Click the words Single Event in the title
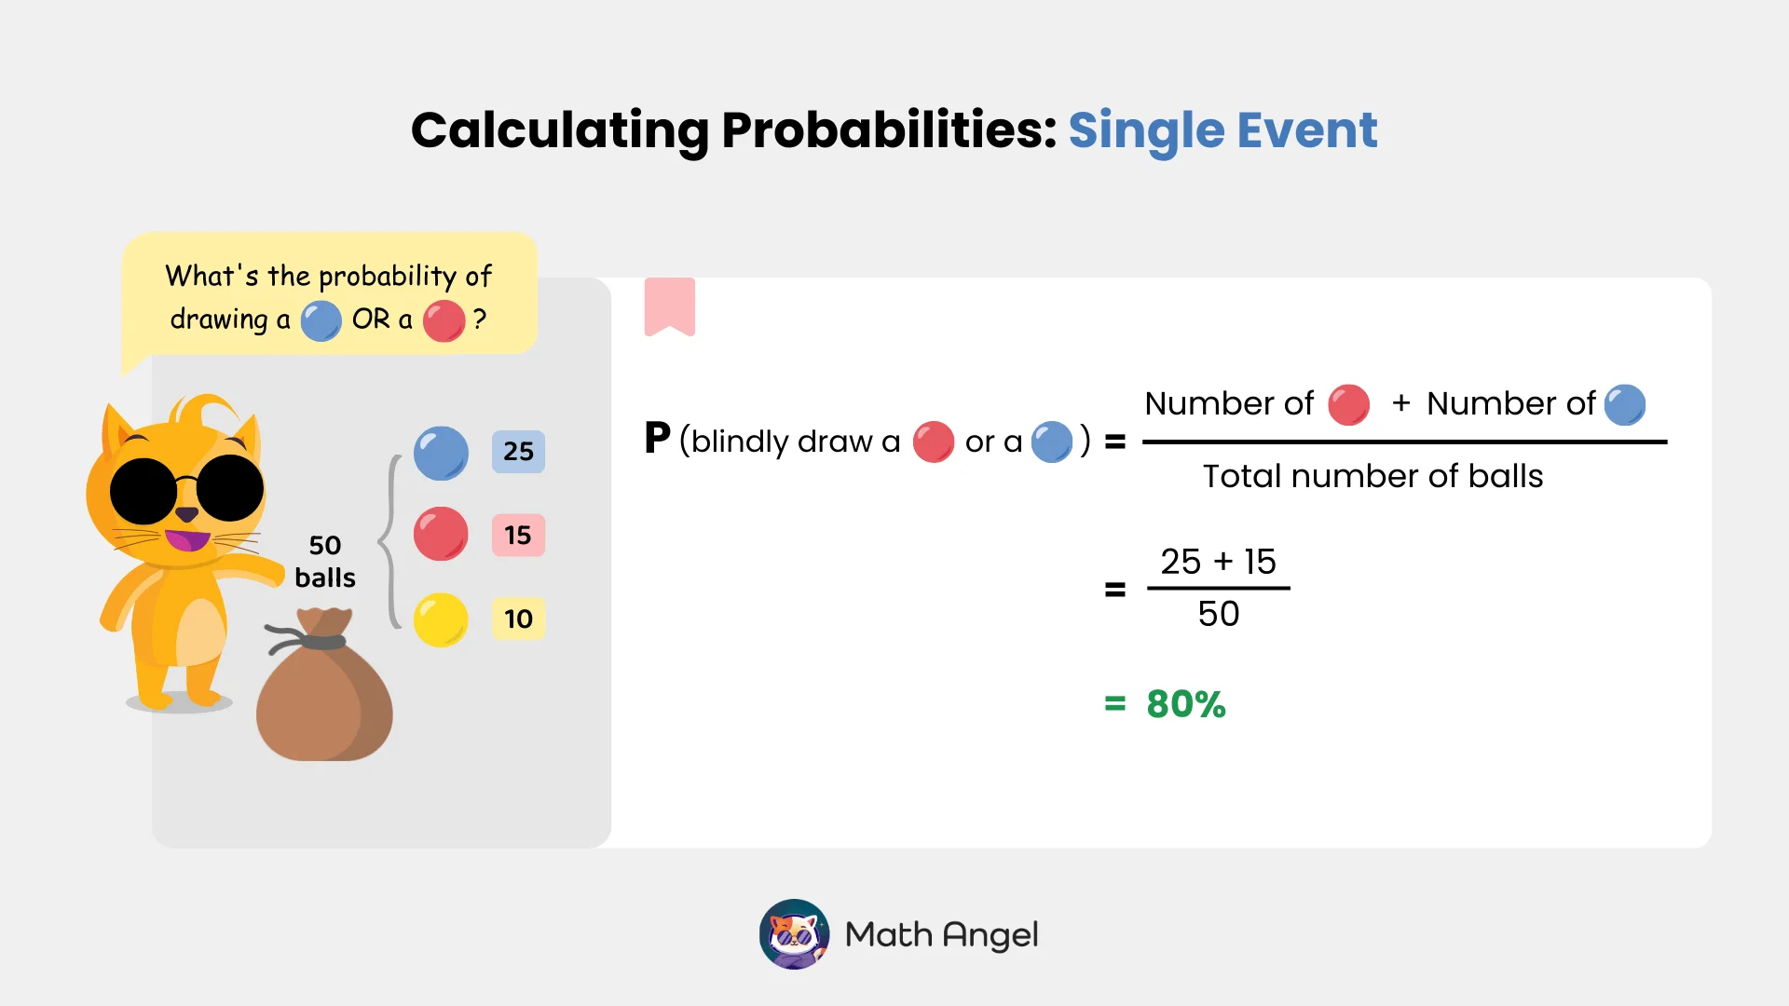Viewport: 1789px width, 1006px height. coord(1222,129)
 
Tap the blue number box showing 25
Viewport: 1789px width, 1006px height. coord(518,452)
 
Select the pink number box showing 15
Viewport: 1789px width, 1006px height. coord(518,536)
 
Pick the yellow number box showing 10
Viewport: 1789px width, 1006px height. coord(518,619)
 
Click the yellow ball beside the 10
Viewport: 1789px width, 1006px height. coord(441,620)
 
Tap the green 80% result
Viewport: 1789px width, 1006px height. coord(1185,704)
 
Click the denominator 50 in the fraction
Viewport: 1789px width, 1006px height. coord(1218,615)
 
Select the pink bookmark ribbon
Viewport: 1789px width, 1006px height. coord(669,306)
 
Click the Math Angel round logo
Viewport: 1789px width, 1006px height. coord(794,934)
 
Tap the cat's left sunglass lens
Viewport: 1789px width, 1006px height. coord(143,491)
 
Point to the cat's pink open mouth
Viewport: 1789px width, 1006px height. coord(187,540)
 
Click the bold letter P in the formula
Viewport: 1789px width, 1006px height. coord(657,439)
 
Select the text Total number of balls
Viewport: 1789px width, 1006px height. coord(1372,477)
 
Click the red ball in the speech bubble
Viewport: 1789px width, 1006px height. coord(444,321)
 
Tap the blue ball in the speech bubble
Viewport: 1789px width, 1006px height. coord(321,321)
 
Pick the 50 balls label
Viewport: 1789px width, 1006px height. coord(324,561)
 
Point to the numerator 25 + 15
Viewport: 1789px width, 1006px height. coord(1218,562)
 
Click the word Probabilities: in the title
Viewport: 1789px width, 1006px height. coord(889,129)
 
